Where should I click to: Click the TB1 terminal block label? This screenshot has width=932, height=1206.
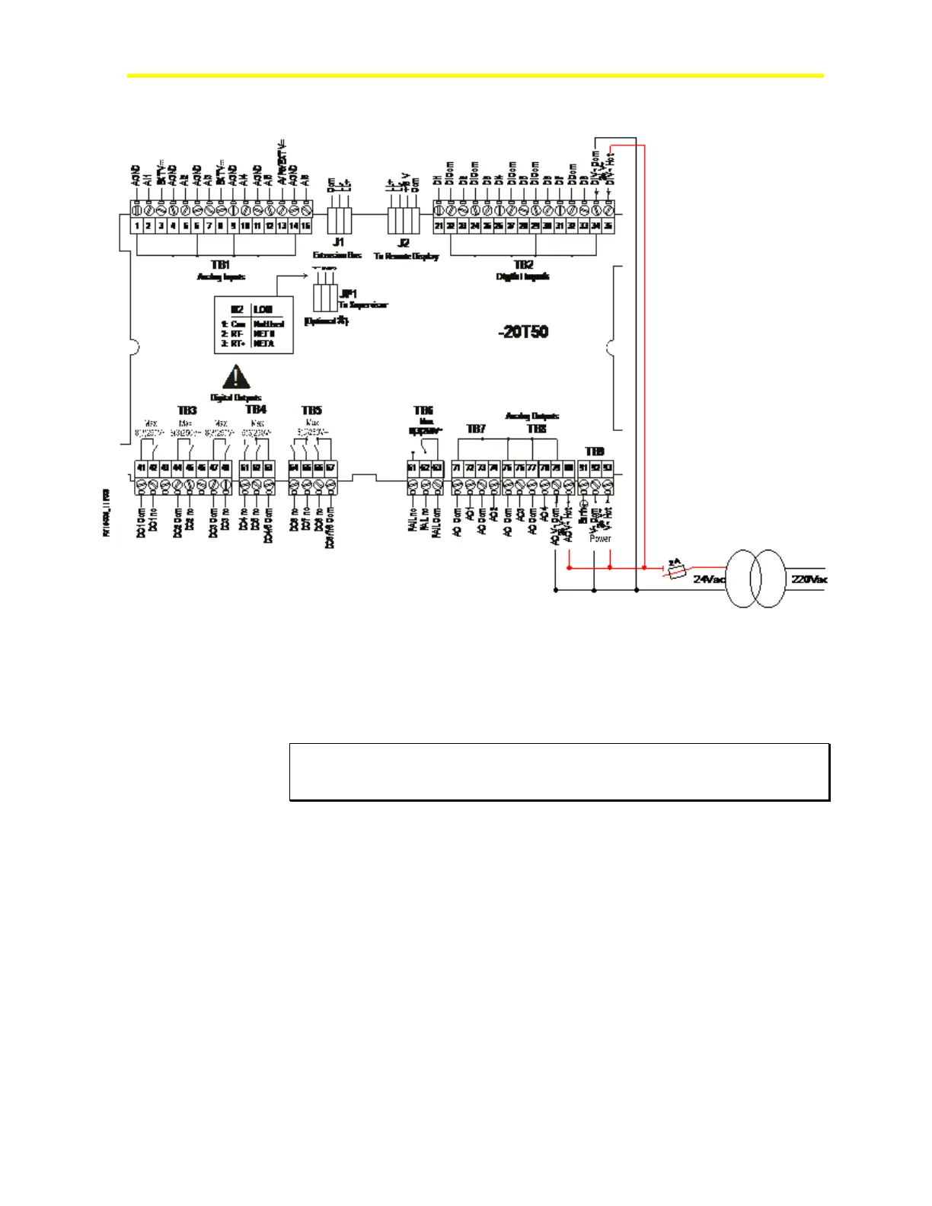point(220,264)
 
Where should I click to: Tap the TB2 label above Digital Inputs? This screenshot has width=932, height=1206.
point(523,264)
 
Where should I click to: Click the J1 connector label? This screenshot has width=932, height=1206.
point(338,242)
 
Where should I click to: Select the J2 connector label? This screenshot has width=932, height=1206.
point(404,243)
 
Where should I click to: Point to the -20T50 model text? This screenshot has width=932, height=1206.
point(524,332)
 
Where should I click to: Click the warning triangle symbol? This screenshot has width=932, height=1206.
point(236,378)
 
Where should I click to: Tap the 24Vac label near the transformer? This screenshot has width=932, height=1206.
point(709,579)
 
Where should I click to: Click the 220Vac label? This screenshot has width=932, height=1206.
point(809,579)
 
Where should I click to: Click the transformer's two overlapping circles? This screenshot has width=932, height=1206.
point(755,579)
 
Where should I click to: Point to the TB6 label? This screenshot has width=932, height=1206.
point(423,410)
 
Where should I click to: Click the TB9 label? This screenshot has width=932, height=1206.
point(595,451)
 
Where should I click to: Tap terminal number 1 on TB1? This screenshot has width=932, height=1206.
point(137,226)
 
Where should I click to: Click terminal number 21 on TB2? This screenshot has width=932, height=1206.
point(439,226)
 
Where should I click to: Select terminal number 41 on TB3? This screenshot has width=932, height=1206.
point(141,468)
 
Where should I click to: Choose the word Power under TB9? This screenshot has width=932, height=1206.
point(600,538)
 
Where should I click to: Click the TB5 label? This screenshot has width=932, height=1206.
point(311,410)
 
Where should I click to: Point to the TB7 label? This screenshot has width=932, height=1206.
point(476,429)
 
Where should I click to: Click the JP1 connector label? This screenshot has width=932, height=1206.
point(348,293)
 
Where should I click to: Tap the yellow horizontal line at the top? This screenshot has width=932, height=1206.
point(475,75)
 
